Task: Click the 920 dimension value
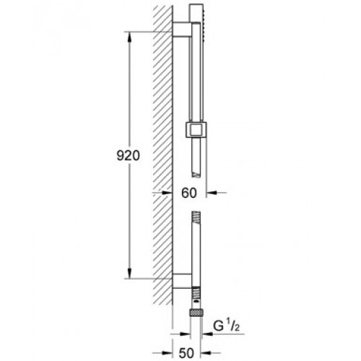[128, 156]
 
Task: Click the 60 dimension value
[189, 193]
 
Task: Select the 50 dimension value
[186, 353]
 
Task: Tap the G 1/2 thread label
[226, 326]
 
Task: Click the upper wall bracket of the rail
[182, 29]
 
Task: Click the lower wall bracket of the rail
[182, 281]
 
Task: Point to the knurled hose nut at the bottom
[196, 313]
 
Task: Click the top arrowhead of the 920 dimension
[129, 38]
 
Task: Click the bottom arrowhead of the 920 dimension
[129, 273]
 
